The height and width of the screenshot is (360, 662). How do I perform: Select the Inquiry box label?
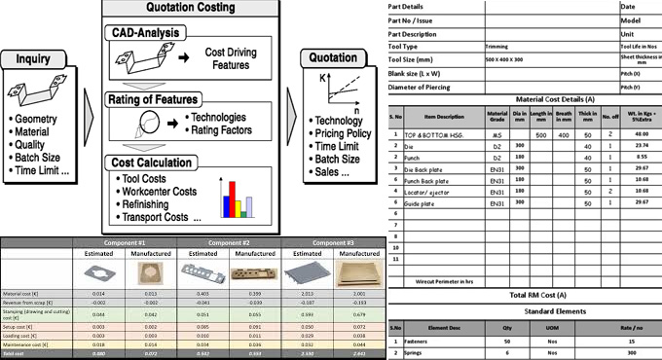coord(35,60)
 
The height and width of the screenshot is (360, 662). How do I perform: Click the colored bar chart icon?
coord(237,196)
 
